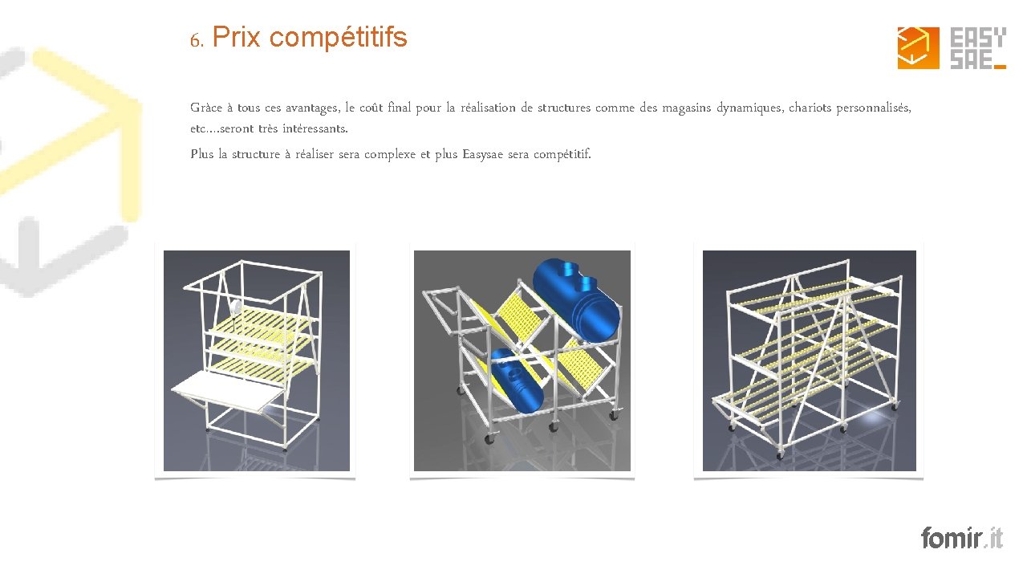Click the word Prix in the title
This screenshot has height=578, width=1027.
[236, 37]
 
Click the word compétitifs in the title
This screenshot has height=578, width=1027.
[339, 38]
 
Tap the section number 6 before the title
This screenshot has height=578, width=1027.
[196, 41]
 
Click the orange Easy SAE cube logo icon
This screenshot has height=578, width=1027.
[919, 47]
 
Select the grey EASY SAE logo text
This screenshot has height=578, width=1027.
[978, 48]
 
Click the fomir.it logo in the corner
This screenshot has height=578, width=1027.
[962, 538]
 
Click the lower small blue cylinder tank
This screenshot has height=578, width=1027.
[518, 381]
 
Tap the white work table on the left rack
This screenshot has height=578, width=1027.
[228, 390]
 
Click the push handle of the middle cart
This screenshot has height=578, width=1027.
[440, 307]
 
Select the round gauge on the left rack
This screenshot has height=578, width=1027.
[236, 307]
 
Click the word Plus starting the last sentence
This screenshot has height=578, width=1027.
[201, 153]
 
